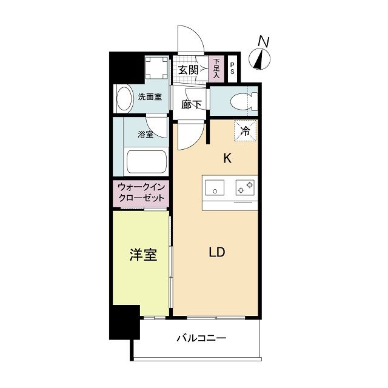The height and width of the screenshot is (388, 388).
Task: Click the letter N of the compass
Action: pyautogui.click(x=263, y=41)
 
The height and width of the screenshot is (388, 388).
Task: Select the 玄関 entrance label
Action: pyautogui.click(x=189, y=70)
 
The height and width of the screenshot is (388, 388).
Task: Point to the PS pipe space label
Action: pyautogui.click(x=233, y=69)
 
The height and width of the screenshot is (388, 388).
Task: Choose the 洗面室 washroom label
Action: pyautogui.click(x=149, y=96)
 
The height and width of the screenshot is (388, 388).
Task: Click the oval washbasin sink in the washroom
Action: pyautogui.click(x=124, y=99)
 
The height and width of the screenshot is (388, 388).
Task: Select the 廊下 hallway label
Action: pyautogui.click(x=191, y=104)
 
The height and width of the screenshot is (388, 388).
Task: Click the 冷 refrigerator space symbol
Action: pyautogui.click(x=246, y=130)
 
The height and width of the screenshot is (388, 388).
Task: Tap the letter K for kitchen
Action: pyautogui.click(x=227, y=159)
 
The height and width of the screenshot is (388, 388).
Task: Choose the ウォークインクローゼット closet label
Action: pyautogui.click(x=141, y=193)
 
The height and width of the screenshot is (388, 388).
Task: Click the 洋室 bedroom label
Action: pyautogui.click(x=143, y=255)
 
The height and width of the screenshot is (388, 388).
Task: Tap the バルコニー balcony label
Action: pyautogui.click(x=202, y=338)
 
